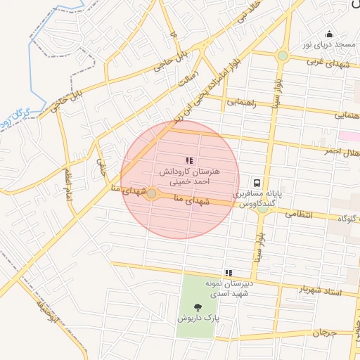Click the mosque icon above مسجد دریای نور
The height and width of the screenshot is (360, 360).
pyautogui.click(x=328, y=34)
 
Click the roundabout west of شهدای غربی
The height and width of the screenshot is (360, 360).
pyautogui.click(x=282, y=56)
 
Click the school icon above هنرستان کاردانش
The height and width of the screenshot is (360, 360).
pyautogui.click(x=188, y=161)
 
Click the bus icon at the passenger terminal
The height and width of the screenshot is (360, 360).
pyautogui.click(x=258, y=181)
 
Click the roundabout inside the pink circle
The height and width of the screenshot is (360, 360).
pyautogui.click(x=151, y=193)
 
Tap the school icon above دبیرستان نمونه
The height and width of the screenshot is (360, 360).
pyautogui.click(x=228, y=273)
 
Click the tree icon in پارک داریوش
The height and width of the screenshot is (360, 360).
pyautogui.click(x=196, y=307)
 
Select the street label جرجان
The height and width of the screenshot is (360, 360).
pyautogui.click(x=325, y=333)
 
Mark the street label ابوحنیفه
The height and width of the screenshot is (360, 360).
pyautogui.click(x=46, y=310)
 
